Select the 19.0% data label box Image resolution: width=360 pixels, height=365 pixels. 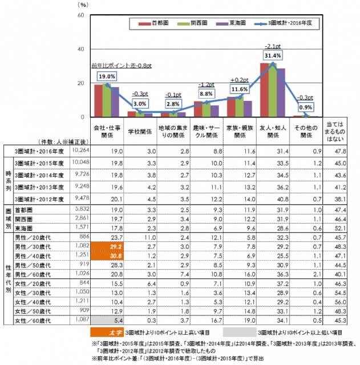click(x=107, y=76)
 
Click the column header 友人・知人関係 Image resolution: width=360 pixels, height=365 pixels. click(x=272, y=132)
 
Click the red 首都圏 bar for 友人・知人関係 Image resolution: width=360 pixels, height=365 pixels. click(x=265, y=90)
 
